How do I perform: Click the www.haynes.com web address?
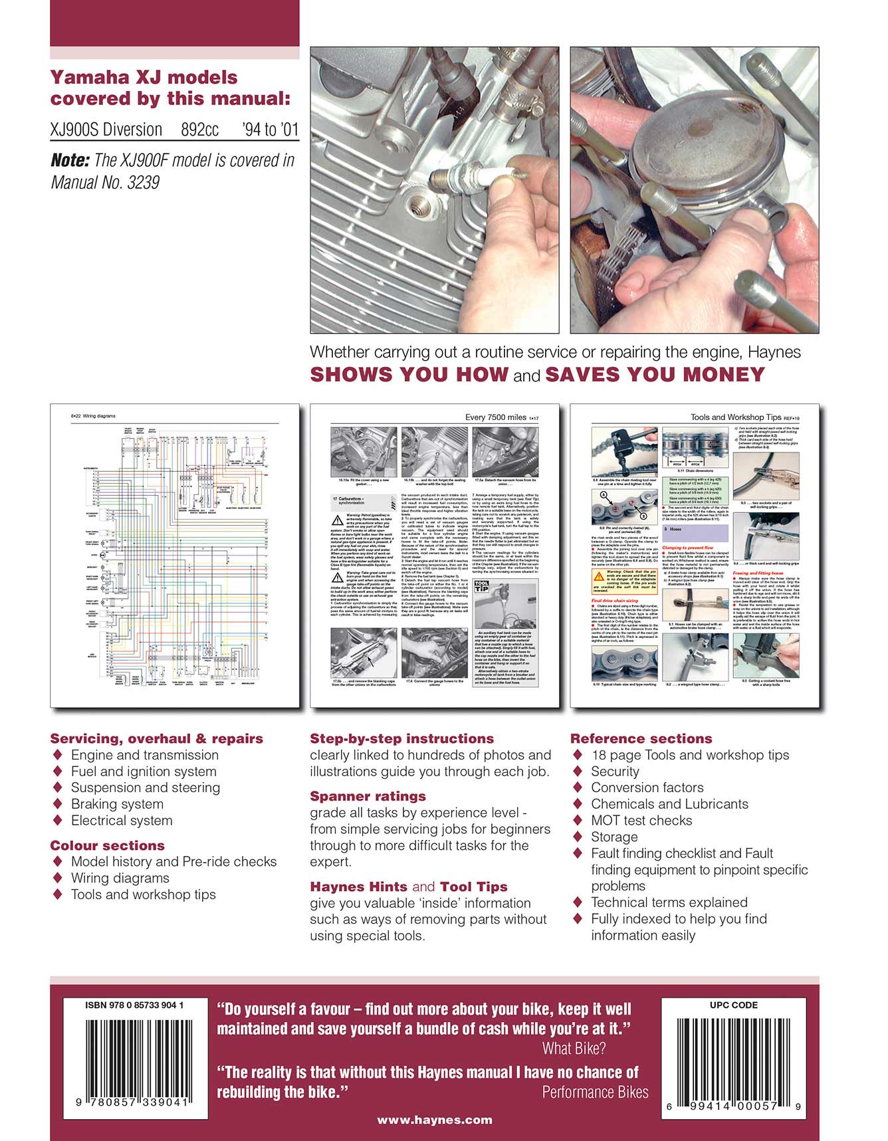(435, 1120)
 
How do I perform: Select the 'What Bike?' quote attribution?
(574, 1049)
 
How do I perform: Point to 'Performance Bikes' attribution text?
(595, 1092)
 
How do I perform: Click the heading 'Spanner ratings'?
(368, 796)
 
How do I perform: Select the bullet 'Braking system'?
(117, 804)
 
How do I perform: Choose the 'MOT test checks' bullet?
(641, 821)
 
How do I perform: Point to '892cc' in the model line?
(199, 130)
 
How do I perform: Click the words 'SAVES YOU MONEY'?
(655, 374)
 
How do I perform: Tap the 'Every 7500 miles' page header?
(496, 417)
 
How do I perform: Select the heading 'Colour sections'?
(107, 845)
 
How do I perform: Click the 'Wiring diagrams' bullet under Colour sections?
(120, 878)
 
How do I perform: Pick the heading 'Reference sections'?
(641, 738)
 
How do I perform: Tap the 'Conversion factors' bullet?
(647, 787)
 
